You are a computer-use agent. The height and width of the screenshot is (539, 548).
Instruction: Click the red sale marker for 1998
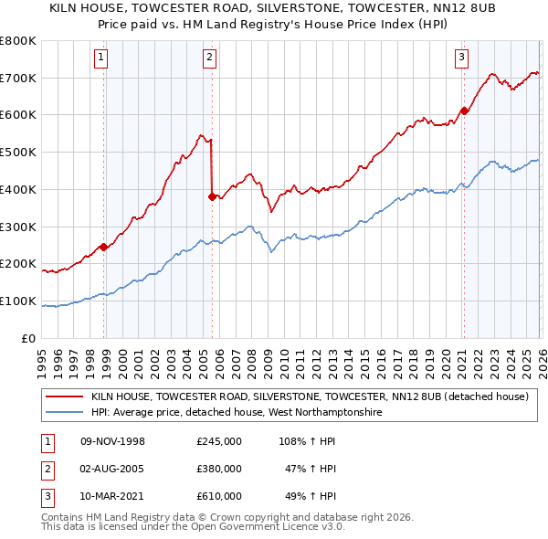point(104,247)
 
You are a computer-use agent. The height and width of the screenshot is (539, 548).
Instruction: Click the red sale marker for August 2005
point(212,196)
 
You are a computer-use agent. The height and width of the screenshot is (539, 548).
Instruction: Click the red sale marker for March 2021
point(463,111)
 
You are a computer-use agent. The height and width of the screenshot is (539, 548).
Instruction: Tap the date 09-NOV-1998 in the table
point(112,441)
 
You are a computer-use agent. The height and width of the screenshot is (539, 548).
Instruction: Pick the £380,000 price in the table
point(219,469)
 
